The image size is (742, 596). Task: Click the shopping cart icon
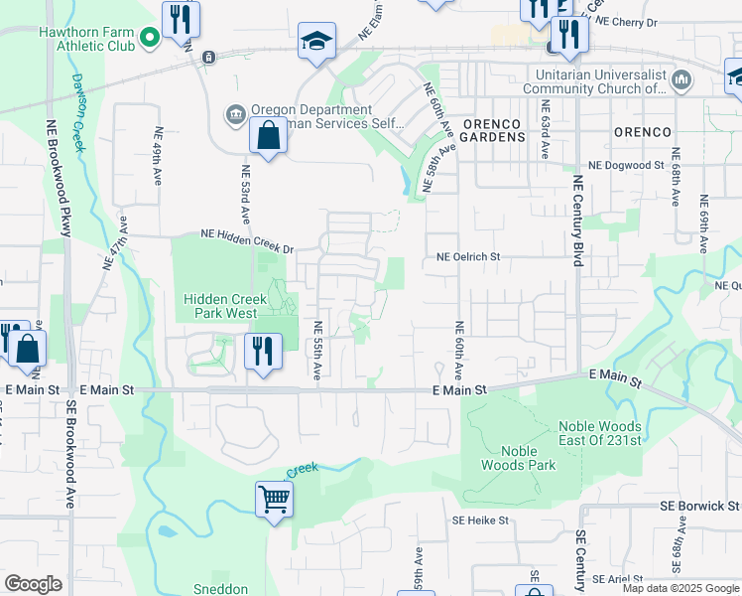[273, 500]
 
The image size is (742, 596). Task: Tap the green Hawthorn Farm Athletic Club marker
[149, 38]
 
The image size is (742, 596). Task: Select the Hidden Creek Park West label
[220, 306]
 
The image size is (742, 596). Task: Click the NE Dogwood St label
[622, 166]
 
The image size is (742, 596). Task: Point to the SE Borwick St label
[699, 506]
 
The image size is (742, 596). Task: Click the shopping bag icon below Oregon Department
[269, 136]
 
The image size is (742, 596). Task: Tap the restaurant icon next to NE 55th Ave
[264, 352]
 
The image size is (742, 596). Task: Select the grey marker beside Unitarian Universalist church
[680, 79]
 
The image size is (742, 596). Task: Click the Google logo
[33, 584]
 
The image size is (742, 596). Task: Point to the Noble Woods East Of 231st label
[598, 434]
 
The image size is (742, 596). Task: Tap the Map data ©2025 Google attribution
[680, 588]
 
